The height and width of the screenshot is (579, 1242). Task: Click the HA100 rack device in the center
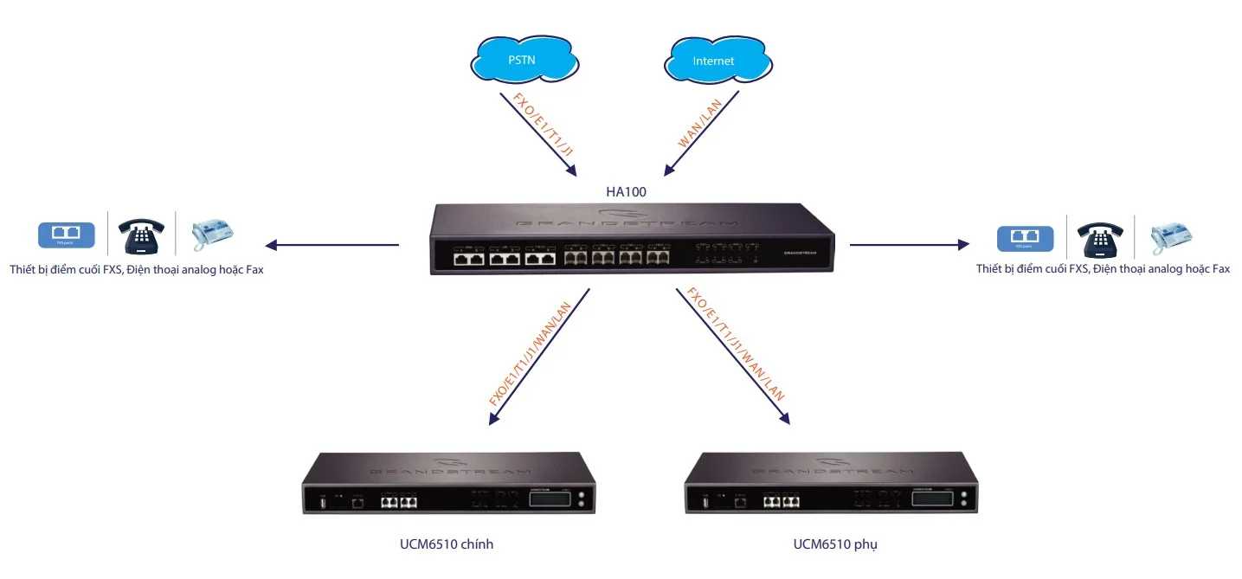point(632,241)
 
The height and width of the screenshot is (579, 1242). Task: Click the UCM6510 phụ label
point(828,544)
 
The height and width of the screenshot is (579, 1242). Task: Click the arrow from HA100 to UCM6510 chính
point(538,357)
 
